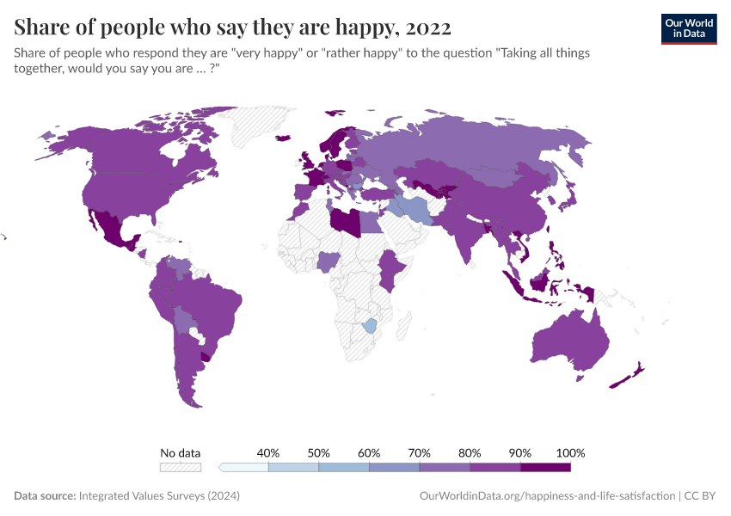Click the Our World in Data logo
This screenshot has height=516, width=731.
point(688,28)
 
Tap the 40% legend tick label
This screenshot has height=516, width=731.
point(268,452)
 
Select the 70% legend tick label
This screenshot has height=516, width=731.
point(420,452)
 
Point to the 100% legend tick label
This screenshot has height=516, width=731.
point(570,452)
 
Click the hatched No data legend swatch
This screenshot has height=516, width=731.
point(181,467)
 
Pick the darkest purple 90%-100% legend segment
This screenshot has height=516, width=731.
point(545,467)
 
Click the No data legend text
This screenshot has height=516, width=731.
point(181,452)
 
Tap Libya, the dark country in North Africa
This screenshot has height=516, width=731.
point(346,220)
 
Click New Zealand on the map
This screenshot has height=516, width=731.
point(632,375)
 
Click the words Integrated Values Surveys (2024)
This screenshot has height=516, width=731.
point(159,496)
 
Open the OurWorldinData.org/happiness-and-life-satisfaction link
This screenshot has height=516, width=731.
point(547,496)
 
